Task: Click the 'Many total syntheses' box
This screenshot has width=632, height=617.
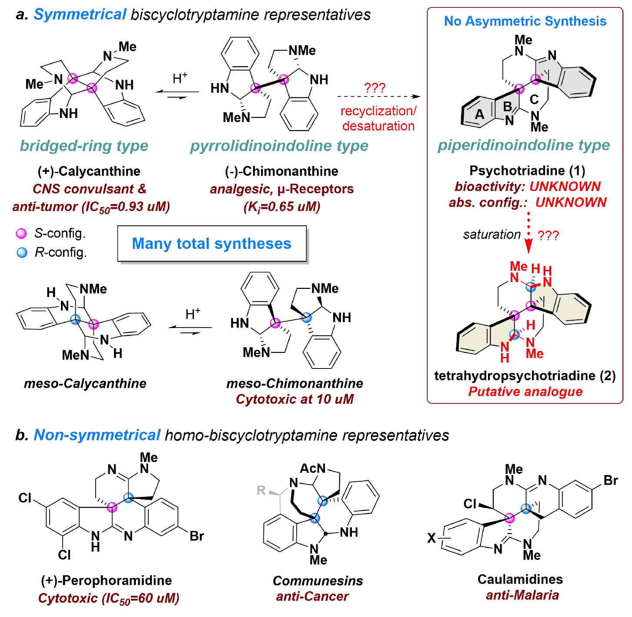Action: coord(212,244)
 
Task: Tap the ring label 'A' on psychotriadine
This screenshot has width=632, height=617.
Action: coord(479,114)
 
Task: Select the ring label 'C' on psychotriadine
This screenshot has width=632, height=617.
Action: coord(534,100)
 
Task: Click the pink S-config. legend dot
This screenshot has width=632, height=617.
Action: coord(21,234)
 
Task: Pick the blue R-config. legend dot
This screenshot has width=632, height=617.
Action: coord(21,252)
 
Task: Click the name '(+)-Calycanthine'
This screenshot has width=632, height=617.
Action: coord(89,171)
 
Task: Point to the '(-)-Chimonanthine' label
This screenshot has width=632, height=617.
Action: coord(281,171)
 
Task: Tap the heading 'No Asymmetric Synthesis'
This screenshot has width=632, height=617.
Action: coord(525,21)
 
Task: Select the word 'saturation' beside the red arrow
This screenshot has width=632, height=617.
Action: coord(492,235)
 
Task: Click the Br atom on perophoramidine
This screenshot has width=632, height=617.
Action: coord(197,536)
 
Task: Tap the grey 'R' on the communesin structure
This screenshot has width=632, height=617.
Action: coord(261,490)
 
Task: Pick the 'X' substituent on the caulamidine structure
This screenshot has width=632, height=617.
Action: coord(431,538)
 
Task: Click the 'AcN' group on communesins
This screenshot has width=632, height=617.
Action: coord(313,469)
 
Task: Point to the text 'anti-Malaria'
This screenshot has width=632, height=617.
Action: coord(522,595)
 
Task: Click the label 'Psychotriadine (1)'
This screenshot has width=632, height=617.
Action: coord(527,171)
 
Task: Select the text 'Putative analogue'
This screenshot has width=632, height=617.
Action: coord(525,392)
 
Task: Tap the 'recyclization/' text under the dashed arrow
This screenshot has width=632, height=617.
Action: coord(378,111)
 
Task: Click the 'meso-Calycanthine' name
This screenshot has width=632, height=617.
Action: coord(85,383)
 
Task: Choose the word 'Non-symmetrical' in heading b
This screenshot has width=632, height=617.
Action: coord(97,435)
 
